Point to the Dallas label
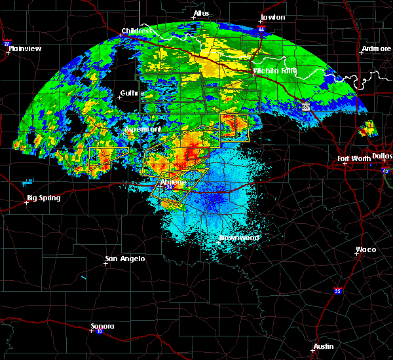click(382, 156)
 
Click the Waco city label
click(365, 249)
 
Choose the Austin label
click(323, 346)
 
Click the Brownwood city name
click(238, 238)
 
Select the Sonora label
click(102, 326)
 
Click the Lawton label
click(272, 17)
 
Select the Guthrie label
click(131, 93)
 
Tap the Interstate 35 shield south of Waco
click(337, 290)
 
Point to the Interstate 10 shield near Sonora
click(90, 331)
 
